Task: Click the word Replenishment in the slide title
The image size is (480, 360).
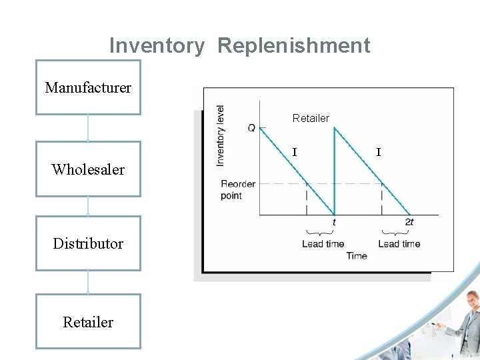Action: coord(293,45)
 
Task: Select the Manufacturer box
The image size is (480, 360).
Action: coord(88,87)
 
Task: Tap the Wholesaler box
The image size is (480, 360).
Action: coord(88,169)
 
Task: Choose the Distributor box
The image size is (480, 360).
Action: coord(88,243)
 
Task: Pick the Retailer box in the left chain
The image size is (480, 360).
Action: coord(88,322)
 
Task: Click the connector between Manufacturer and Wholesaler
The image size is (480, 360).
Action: coord(88,128)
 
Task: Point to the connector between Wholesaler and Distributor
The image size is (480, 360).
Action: coord(88,206)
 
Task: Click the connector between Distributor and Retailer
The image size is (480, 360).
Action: coord(88,282)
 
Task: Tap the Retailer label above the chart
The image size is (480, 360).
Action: coord(311,118)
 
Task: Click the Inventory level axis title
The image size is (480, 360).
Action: coord(221,136)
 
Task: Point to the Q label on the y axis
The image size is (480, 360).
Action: coord(251,127)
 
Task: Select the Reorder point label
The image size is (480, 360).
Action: coord(238,189)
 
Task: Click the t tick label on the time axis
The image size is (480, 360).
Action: coord(334,222)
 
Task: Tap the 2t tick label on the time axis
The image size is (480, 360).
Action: coord(409,222)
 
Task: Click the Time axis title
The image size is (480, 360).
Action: coord(357,256)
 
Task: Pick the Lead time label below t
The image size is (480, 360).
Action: coord(323,244)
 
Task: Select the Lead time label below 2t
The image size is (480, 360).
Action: coord(399,244)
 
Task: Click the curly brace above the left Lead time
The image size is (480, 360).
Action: coord(320,233)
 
